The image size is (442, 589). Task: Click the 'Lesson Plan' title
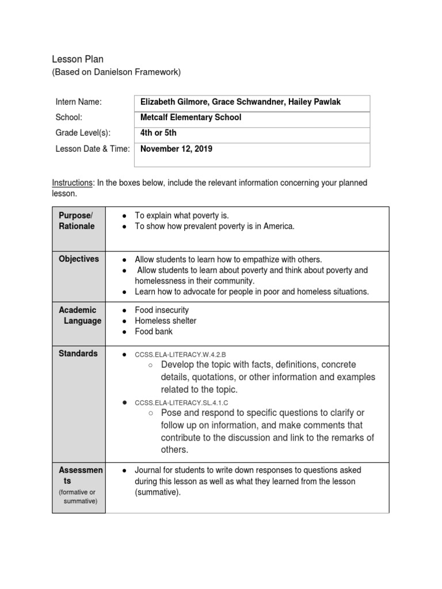78,59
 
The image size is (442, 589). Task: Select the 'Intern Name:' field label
78,102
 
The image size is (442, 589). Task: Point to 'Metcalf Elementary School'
190,117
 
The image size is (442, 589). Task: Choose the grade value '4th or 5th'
158,133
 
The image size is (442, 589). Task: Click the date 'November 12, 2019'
176,149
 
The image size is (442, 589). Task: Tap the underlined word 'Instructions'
72,183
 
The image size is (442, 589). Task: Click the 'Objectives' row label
79,259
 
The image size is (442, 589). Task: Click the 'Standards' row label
78,353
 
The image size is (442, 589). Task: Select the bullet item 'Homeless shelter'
165,321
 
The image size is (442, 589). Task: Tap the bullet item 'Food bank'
154,332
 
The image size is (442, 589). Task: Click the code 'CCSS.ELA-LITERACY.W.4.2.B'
184,354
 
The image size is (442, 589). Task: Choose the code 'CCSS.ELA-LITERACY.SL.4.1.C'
186,403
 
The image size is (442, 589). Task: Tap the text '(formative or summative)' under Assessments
79,496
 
